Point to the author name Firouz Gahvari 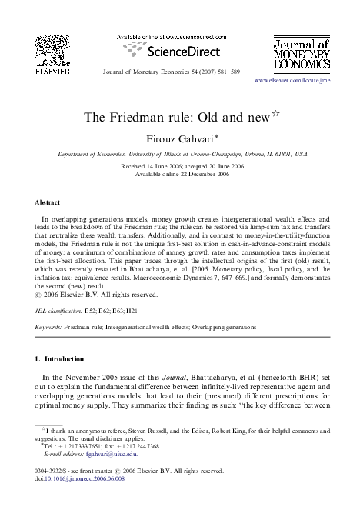(179, 139)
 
